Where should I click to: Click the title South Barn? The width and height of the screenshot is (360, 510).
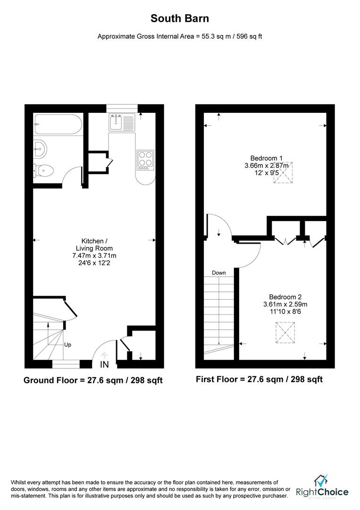point(180,19)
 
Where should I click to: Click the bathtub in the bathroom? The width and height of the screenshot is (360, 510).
point(58,125)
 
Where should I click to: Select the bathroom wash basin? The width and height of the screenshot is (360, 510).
point(40,149)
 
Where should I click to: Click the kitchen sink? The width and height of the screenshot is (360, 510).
point(121,122)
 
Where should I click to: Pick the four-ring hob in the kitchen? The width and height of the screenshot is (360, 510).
point(145,160)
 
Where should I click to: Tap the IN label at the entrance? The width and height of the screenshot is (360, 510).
point(105,365)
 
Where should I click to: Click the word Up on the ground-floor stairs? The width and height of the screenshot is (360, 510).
point(67,345)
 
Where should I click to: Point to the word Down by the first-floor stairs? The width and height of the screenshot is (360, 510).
point(219,273)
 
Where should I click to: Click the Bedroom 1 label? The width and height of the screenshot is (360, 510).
point(266,158)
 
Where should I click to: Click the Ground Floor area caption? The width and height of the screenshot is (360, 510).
point(93,380)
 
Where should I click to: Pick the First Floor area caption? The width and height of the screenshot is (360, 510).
point(260,379)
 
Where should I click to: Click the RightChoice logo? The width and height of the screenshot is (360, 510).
point(322,487)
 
